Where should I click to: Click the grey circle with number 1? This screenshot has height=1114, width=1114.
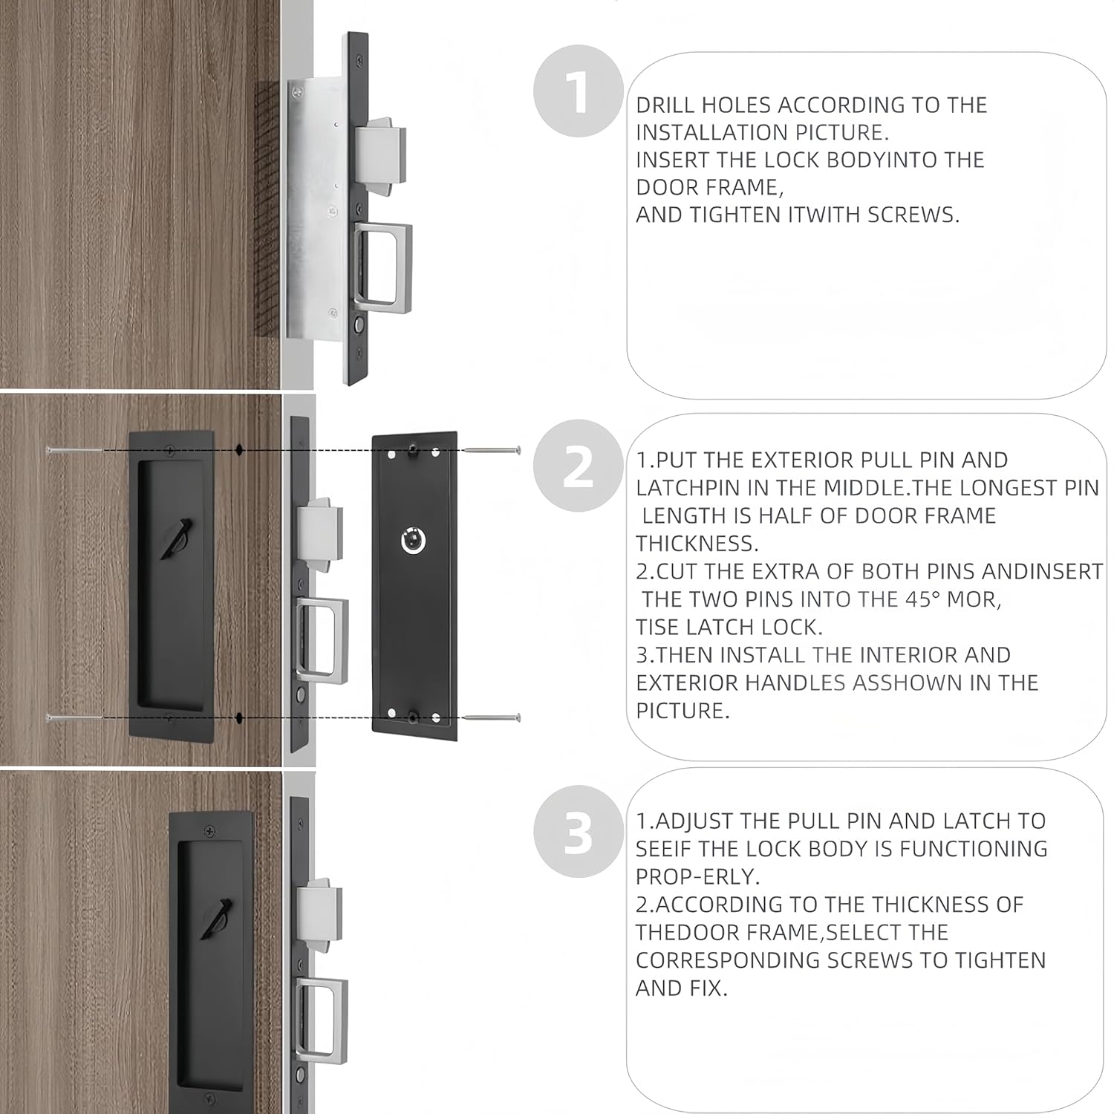(578, 91)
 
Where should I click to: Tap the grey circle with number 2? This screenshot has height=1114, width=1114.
(578, 466)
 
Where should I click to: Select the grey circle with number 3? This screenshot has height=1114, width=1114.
(578, 832)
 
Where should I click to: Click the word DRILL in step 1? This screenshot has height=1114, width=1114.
(665, 105)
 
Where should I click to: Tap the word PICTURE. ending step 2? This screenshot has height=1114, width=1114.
(683, 711)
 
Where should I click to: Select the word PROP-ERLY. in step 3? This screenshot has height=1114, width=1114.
(697, 877)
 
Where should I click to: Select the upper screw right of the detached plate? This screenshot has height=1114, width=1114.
(492, 450)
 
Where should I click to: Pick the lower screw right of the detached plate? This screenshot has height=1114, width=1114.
(492, 717)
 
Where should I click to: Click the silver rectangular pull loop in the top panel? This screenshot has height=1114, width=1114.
(382, 264)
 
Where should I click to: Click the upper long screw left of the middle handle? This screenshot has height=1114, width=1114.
(74, 450)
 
